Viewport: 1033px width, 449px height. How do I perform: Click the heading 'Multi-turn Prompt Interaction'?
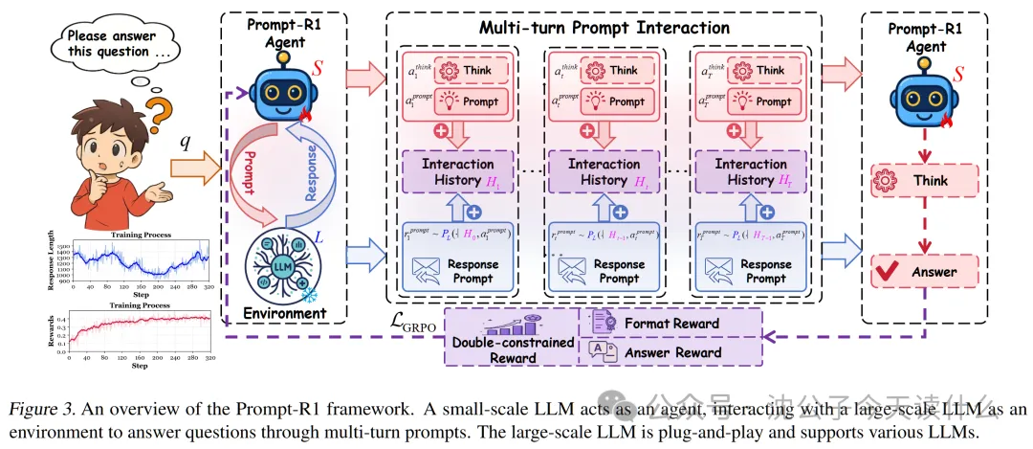[x=604, y=28]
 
